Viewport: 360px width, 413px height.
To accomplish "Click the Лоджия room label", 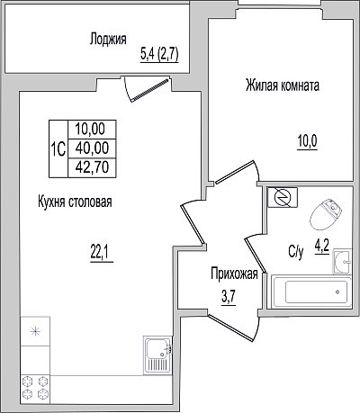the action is pyautogui.click(x=108, y=40).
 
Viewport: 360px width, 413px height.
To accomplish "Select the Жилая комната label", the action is pyautogui.click(x=283, y=85).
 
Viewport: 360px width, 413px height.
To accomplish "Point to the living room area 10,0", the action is pyautogui.click(x=307, y=141).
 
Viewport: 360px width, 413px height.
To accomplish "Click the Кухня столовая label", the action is pyautogui.click(x=75, y=202).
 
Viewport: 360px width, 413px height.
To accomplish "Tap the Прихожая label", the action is pyautogui.click(x=234, y=274).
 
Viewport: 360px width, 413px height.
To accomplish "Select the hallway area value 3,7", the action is pyautogui.click(x=229, y=297).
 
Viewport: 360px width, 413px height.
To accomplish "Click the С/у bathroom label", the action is pyautogui.click(x=296, y=253).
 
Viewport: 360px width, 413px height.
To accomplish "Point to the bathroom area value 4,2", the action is pyautogui.click(x=322, y=247).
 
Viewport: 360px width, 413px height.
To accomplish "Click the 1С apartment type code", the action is pyautogui.click(x=58, y=148).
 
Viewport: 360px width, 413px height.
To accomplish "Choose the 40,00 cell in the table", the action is pyautogui.click(x=92, y=148).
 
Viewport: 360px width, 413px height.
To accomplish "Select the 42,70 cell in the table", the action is pyautogui.click(x=92, y=167).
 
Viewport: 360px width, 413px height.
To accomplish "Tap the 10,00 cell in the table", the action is pyautogui.click(x=92, y=130).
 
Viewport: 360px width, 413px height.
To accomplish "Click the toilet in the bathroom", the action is pyautogui.click(x=327, y=213).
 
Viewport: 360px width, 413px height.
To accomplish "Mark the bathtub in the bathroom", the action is pyautogui.click(x=311, y=292).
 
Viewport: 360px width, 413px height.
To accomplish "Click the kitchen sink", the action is pyautogui.click(x=158, y=355).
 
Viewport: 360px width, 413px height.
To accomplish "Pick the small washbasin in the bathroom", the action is pyautogui.click(x=343, y=261).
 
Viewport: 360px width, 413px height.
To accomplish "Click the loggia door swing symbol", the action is pyautogui.click(x=148, y=89).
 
